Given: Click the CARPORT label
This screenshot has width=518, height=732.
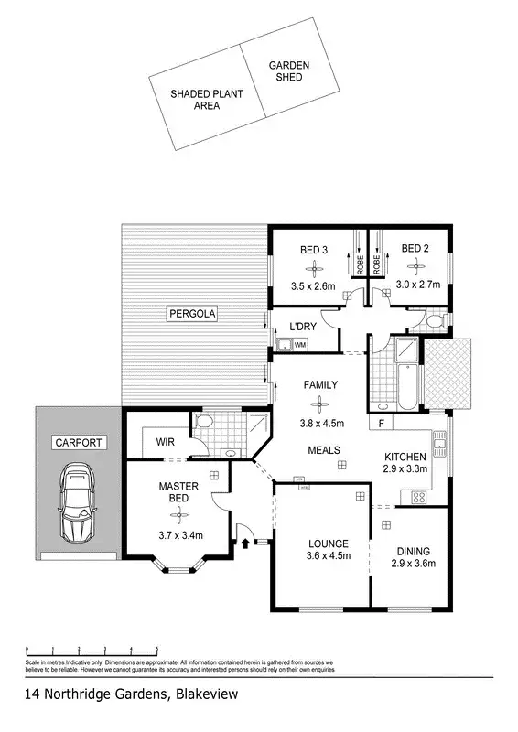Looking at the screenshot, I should (80, 442).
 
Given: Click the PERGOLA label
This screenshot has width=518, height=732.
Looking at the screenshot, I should (190, 315).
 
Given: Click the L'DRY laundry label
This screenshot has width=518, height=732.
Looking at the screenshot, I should (303, 327).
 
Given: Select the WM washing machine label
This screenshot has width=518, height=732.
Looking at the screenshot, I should (299, 344).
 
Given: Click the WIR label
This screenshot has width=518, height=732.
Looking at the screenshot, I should (165, 442).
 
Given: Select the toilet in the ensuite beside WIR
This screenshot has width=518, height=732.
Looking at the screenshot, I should (203, 423).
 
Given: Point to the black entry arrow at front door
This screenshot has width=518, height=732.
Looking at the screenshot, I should (245, 543).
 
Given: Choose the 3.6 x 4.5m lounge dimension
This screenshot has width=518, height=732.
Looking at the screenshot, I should (329, 555).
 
